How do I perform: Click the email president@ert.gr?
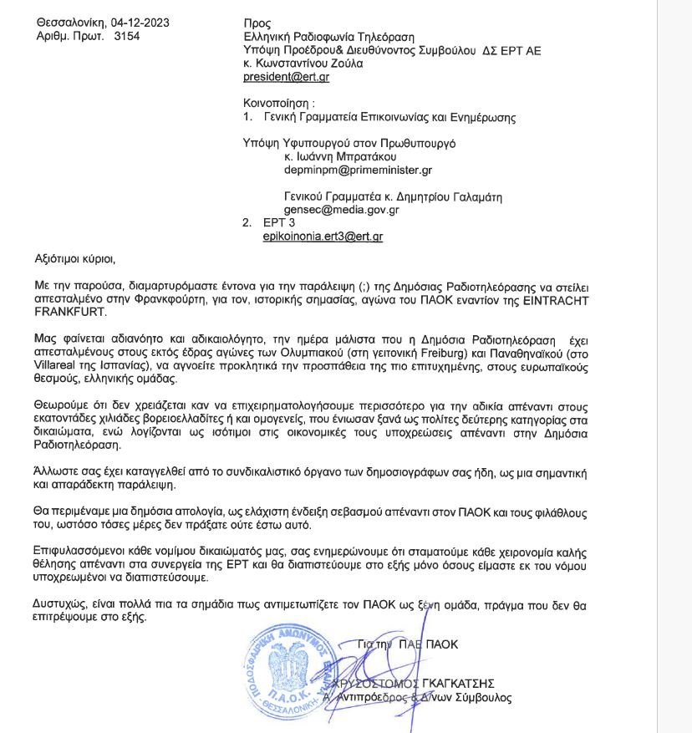point(286,77)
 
